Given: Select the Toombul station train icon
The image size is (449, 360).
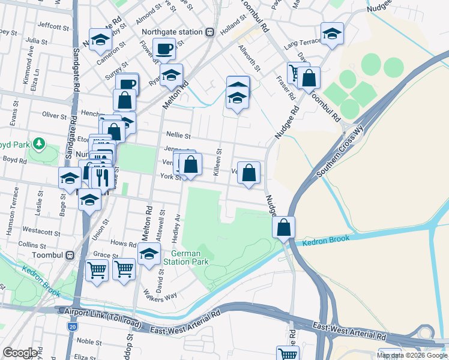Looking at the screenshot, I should point(70,254).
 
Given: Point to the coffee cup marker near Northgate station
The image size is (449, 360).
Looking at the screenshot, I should point(163,49).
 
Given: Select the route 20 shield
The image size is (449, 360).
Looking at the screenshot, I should point(72,327).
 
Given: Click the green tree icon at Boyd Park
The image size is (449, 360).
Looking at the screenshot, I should point(39,143).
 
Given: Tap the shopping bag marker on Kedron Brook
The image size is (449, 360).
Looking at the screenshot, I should point(284,227).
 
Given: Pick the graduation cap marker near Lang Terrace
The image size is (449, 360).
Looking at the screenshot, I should point(331,34).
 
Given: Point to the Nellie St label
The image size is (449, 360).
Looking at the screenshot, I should point(178,136).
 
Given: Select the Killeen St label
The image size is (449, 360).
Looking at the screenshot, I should point(220,162).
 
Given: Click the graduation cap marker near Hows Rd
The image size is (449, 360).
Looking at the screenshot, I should point(149,254).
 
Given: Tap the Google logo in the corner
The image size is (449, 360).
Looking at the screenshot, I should point(20,353).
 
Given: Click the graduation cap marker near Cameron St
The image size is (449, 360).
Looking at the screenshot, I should point(100,40).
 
